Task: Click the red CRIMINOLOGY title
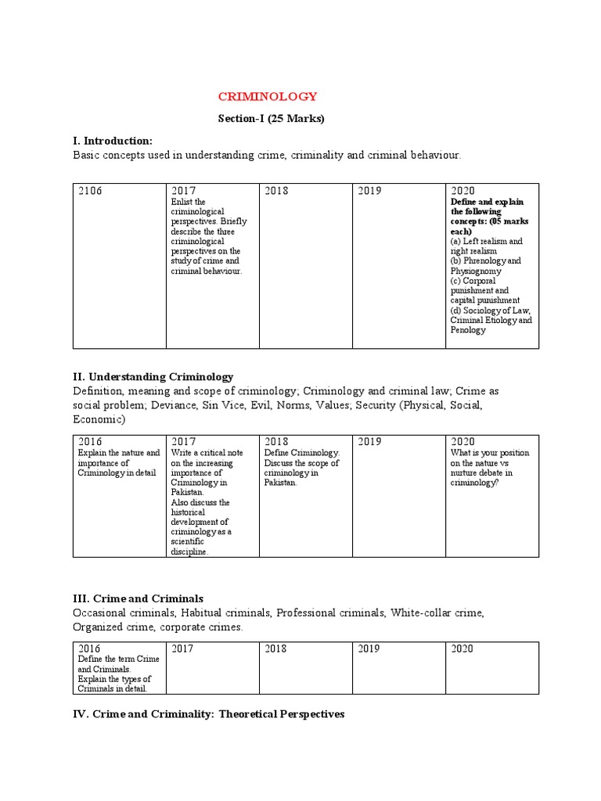(x=267, y=97)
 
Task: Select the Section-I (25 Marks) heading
(x=270, y=119)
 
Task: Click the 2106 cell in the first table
(x=91, y=191)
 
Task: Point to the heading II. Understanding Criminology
(x=153, y=377)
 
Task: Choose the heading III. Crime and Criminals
(x=137, y=598)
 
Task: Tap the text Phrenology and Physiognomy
(x=485, y=266)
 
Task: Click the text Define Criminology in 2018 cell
(x=301, y=453)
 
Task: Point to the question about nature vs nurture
(x=490, y=468)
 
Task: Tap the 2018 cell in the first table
(x=305, y=266)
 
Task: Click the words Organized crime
(x=109, y=627)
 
